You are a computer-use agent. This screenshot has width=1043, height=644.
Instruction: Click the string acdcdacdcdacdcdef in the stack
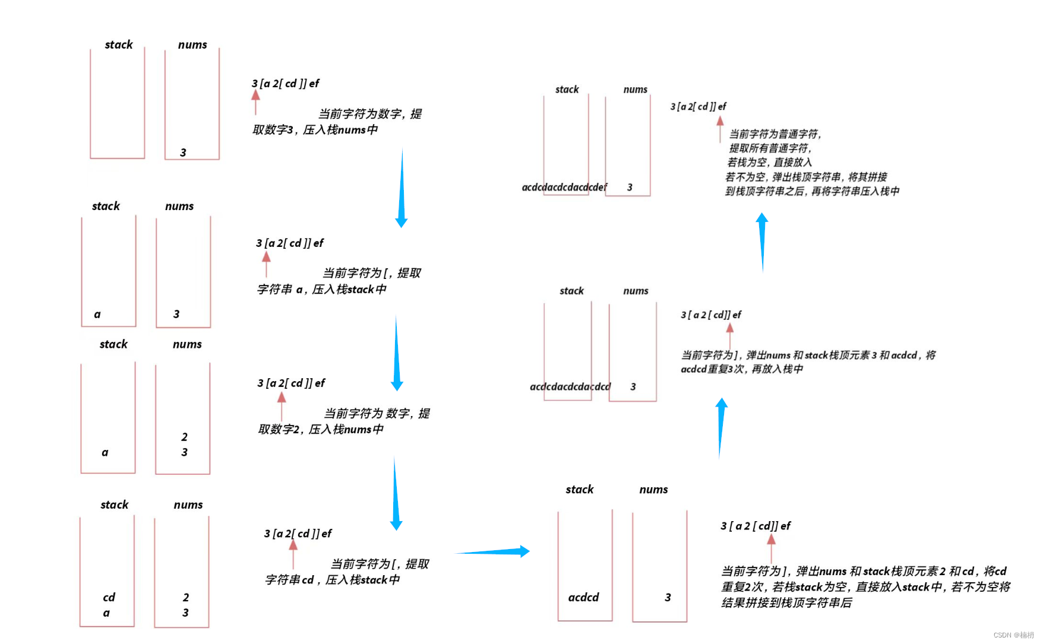click(564, 188)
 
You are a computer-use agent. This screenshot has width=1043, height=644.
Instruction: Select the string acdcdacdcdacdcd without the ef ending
click(570, 387)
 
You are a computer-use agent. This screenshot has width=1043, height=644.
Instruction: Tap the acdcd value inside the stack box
click(583, 597)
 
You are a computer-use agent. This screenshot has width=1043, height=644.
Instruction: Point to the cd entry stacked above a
click(109, 597)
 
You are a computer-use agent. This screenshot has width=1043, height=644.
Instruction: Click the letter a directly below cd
click(106, 613)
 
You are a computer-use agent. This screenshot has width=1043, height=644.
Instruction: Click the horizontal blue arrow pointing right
click(492, 552)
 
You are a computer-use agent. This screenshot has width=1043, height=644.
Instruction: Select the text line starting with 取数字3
click(315, 130)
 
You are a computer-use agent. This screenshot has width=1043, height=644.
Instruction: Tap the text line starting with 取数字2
click(321, 429)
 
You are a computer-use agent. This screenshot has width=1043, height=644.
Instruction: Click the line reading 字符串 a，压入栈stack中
click(321, 290)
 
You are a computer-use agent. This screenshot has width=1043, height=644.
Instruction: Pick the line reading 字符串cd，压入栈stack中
click(332, 580)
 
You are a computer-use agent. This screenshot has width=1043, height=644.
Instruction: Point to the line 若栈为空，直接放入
click(769, 163)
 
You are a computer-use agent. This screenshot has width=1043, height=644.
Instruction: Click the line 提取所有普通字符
click(770, 148)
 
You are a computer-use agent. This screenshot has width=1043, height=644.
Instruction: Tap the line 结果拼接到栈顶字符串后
click(786, 603)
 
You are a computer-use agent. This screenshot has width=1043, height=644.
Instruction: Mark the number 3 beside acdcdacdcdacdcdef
click(630, 188)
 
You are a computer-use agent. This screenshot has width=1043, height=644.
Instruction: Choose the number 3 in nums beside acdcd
click(668, 597)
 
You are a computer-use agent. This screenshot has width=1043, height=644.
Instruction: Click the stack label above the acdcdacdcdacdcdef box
click(567, 90)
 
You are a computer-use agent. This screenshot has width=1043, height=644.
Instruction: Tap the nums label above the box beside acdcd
click(653, 490)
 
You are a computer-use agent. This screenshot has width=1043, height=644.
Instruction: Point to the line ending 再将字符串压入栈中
click(812, 191)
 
